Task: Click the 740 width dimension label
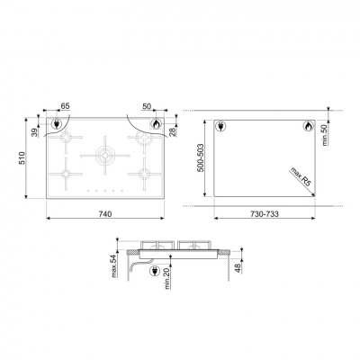point(105,213)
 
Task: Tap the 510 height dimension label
point(22,157)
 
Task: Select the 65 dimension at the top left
point(65,106)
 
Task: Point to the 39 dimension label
point(35,132)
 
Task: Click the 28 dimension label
point(173,132)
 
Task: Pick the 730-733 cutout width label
point(265,213)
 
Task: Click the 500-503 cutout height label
point(201,157)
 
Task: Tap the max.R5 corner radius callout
point(300,177)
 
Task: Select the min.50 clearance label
point(325,135)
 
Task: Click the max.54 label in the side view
point(114,266)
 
